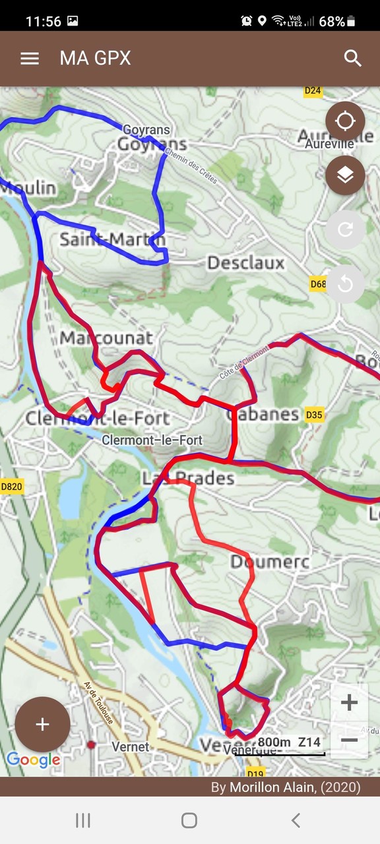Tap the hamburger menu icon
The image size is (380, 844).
[30, 58]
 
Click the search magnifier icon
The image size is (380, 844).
[353, 58]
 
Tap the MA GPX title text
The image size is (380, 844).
[95, 58]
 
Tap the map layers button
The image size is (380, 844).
[345, 175]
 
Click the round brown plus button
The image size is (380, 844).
[42, 725]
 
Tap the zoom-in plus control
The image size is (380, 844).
[349, 703]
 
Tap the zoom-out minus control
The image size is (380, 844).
[349, 740]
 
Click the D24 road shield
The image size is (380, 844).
[313, 91]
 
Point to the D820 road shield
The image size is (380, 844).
[11, 487]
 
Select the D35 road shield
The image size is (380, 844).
[315, 415]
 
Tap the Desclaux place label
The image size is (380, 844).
[245, 263]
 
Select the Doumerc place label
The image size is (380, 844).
[269, 562]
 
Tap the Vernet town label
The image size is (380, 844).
[131, 747]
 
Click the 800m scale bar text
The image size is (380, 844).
[274, 742]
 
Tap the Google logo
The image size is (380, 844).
[33, 760]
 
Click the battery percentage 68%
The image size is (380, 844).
[332, 21]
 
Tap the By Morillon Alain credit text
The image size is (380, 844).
[286, 787]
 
